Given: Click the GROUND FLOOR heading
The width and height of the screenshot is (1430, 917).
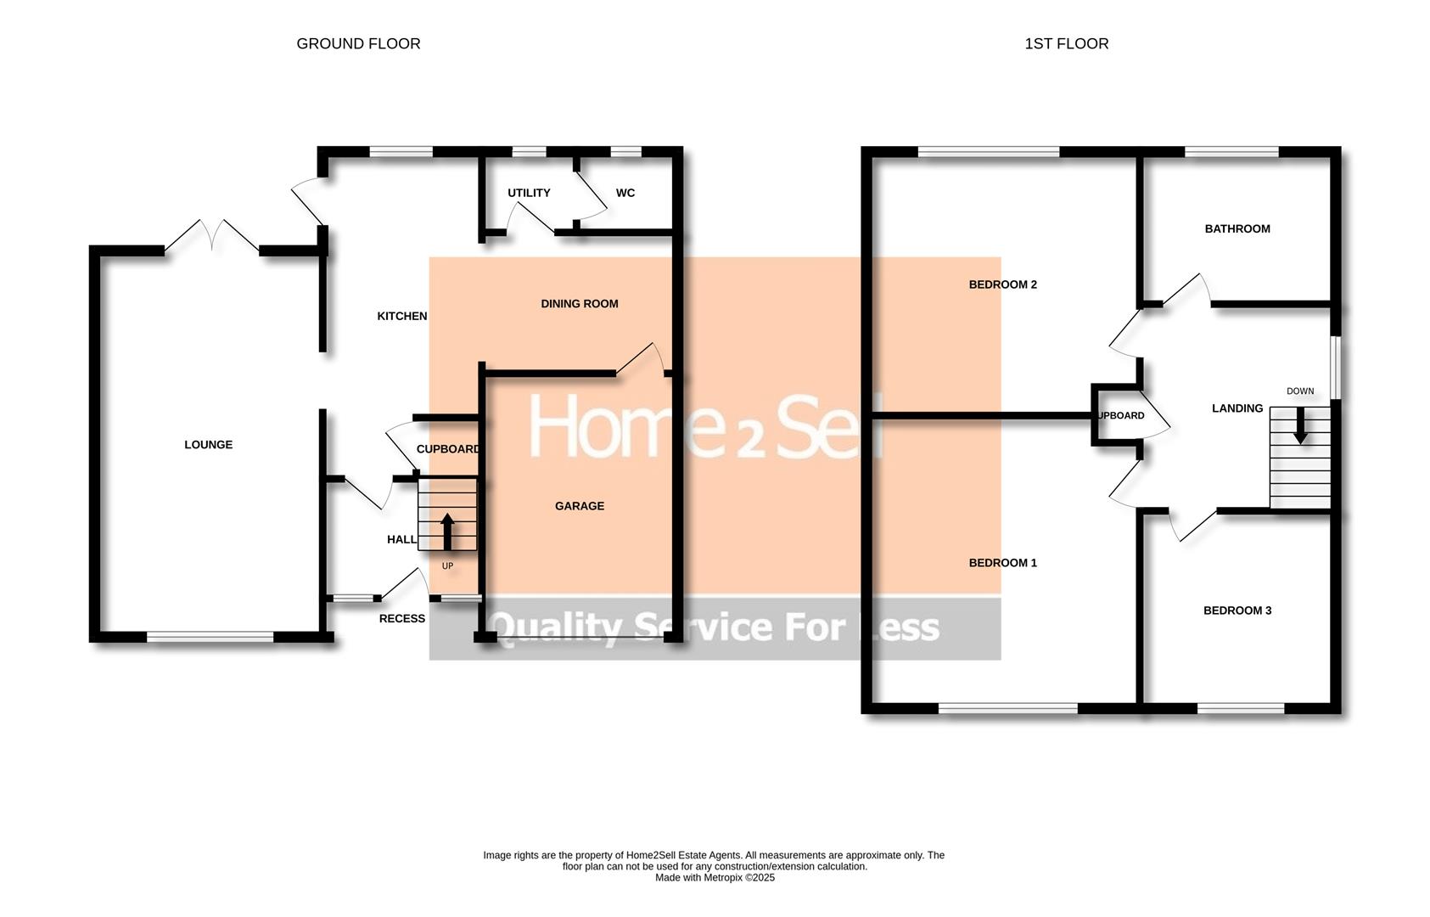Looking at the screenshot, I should pos(358,43).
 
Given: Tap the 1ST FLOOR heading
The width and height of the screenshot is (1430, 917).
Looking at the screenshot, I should pos(1066,43).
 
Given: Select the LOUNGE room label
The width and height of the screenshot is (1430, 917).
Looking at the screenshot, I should pos(208,445).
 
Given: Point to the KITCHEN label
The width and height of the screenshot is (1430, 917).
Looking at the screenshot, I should pos(401,316).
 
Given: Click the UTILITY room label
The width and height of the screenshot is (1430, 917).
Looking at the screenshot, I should pos(529,193).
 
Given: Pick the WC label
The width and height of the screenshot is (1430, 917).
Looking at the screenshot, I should pos(625,193).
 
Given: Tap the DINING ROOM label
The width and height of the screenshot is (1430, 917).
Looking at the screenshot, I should pos(579,303).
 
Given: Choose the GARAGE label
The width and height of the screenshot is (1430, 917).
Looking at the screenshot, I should pos(579,506).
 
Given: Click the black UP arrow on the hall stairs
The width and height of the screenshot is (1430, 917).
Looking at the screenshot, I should pos(447,532).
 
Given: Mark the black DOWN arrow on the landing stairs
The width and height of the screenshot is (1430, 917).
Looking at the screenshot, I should pos(1299,427).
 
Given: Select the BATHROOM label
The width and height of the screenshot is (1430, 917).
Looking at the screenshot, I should pos(1237,228).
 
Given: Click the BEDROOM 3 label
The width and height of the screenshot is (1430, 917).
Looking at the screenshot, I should pos(1237,610).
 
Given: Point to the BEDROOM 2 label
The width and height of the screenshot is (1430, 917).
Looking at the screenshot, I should pos(1002,284).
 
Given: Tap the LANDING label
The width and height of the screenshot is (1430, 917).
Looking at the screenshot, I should pos(1237,408).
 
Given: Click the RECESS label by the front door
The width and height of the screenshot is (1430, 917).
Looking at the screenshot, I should pos(401,618).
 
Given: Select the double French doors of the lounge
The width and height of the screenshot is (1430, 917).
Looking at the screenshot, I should pos(211,237).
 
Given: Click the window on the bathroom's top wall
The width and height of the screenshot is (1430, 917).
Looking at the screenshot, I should pos(1231,152).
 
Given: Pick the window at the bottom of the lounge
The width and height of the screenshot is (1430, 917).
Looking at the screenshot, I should pos(210,636).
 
